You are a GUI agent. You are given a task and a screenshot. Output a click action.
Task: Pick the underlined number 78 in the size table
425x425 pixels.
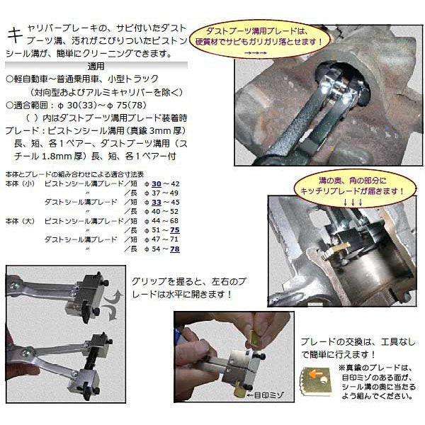tap(173, 249)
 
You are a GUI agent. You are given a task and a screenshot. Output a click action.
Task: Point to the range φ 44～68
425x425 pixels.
tap(161, 220)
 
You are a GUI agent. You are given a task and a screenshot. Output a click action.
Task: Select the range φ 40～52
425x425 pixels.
tap(161, 210)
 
